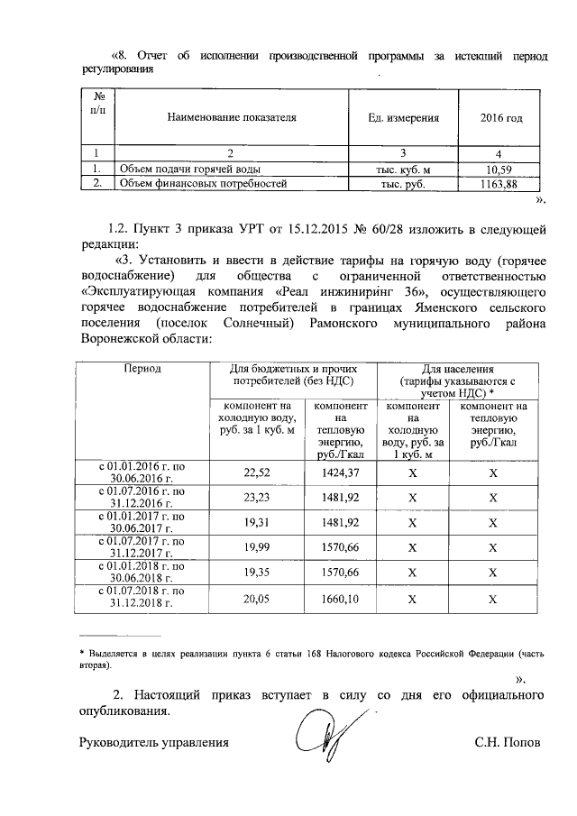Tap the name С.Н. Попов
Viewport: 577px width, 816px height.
508,743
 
